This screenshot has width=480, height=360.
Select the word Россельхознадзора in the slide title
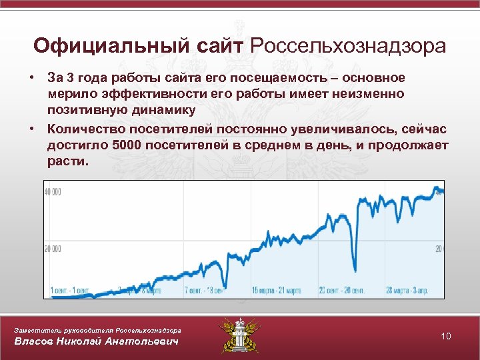(x=348, y=46)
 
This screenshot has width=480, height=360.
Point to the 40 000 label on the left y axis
(x=53, y=192)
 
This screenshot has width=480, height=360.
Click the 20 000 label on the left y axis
(x=53, y=249)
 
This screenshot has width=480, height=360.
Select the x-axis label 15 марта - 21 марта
(x=277, y=291)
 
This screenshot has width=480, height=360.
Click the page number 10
(x=446, y=336)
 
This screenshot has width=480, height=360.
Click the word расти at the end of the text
(x=65, y=162)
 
